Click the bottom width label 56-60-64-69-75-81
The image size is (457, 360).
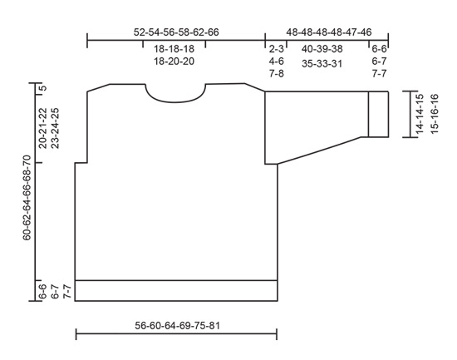175,325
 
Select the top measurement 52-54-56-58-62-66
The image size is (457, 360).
175,31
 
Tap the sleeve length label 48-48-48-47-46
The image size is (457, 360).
328,31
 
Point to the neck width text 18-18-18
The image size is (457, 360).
174,49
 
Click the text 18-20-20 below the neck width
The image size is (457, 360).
174,62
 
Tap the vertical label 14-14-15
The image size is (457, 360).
420,114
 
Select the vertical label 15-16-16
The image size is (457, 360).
433,114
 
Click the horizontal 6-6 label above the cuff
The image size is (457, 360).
380,49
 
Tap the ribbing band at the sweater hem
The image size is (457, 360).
175,290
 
